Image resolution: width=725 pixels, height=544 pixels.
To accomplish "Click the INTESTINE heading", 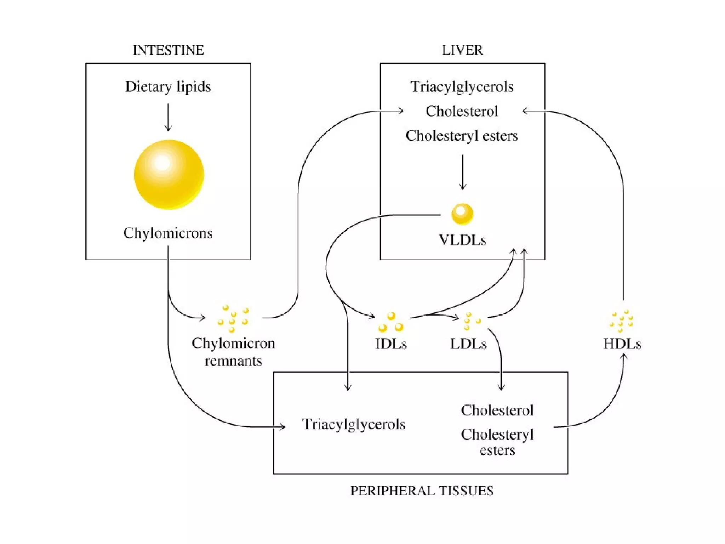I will click(168, 50).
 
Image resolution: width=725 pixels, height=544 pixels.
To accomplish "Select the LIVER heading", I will click(462, 50).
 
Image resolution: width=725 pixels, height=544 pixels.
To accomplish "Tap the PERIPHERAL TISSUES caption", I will click(422, 491).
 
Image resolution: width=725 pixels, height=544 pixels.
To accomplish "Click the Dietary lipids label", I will click(168, 87).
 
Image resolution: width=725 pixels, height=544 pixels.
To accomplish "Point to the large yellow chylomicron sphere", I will click(169, 174).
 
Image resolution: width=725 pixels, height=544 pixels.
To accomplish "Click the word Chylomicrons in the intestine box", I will click(168, 233).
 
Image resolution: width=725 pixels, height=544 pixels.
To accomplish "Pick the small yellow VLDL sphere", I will click(462, 214).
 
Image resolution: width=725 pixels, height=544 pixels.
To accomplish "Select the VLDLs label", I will click(462, 240).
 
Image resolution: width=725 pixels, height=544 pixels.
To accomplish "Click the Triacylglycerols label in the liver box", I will click(462, 87).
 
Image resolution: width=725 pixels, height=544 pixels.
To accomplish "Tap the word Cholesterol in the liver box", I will click(462, 111).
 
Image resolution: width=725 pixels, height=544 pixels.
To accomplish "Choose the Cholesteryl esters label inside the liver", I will click(462, 136).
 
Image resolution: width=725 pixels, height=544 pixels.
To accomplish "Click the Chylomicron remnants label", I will click(233, 352).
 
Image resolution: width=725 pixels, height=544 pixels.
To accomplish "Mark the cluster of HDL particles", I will click(622, 321).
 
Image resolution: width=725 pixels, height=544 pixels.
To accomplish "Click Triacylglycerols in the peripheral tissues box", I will click(353, 424).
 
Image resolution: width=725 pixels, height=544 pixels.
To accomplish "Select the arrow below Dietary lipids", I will click(168, 117).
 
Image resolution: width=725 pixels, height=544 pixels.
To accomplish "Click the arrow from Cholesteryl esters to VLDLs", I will click(462, 172).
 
